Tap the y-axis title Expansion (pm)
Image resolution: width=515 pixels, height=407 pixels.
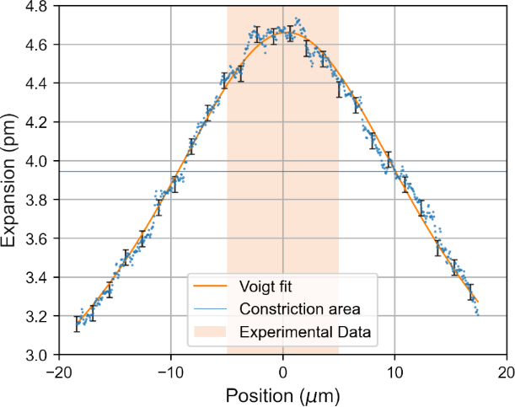point(11,180)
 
